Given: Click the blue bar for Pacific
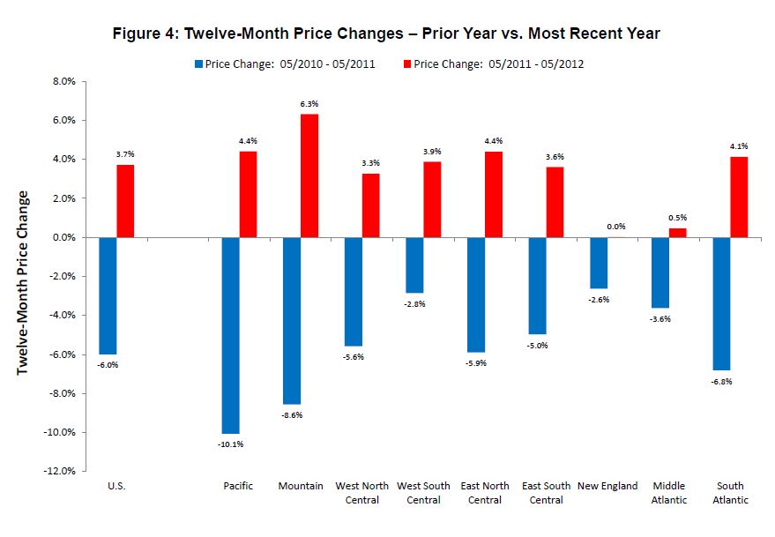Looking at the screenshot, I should click(x=230, y=335).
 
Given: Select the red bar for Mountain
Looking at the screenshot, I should click(x=309, y=175).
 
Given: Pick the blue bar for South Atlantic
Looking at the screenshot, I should click(x=721, y=303).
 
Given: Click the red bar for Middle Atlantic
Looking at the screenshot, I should click(x=677, y=233).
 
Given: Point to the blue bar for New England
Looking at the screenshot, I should click(x=599, y=263).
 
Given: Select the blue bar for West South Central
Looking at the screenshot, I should click(x=414, y=265).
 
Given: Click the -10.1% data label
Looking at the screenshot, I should click(x=231, y=444).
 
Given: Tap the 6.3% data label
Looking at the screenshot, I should click(x=309, y=104).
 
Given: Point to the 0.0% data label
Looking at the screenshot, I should click(x=616, y=227).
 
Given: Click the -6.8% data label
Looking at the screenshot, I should click(x=721, y=382).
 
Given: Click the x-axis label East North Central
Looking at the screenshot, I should click(x=484, y=493).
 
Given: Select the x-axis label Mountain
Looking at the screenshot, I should click(x=300, y=486).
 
